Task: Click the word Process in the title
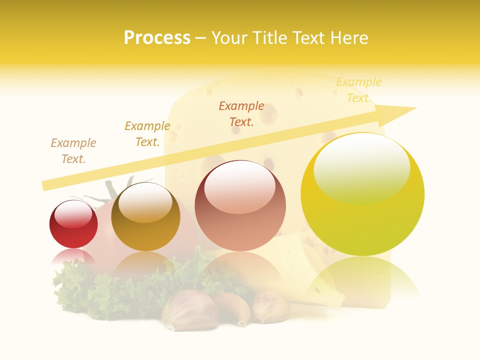(x=157, y=38)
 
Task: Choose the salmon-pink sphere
(x=240, y=225)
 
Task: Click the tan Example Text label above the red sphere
(x=73, y=151)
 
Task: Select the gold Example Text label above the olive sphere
(x=147, y=134)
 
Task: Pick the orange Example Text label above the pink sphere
(x=241, y=113)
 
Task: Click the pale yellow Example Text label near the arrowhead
(x=359, y=90)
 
